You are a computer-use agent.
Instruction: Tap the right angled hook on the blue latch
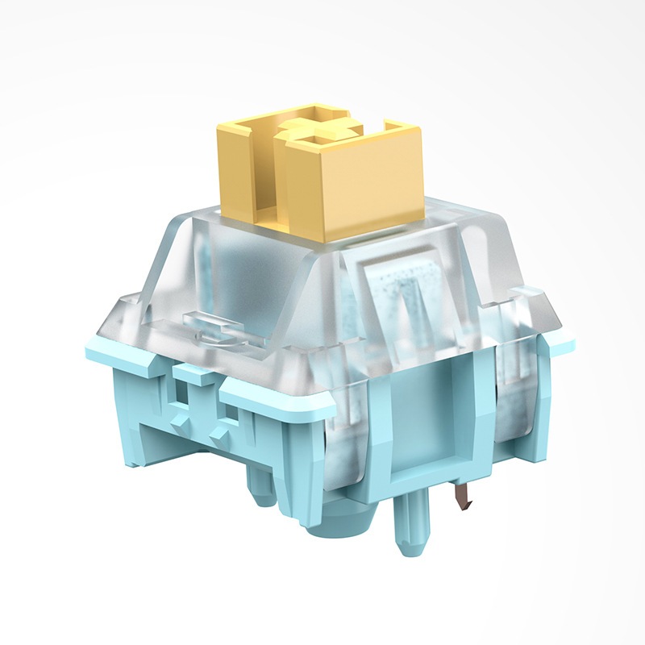231,423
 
